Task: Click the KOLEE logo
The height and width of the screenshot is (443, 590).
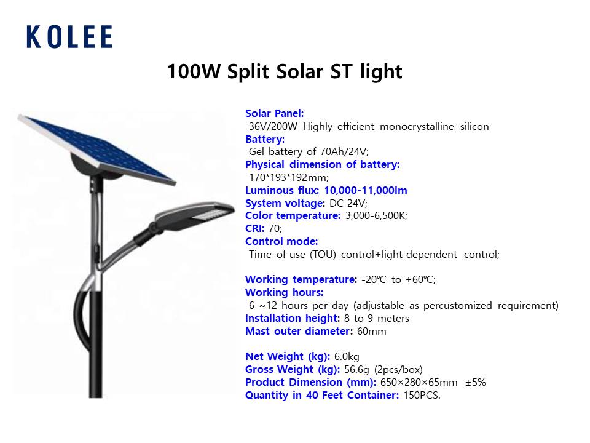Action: (x=69, y=37)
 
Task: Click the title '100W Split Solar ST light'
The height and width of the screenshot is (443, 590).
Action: (x=285, y=71)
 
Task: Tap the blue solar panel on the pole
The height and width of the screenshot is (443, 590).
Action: (x=96, y=150)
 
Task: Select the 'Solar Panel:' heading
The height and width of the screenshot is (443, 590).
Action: (x=274, y=113)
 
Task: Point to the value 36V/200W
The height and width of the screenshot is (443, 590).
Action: (x=273, y=127)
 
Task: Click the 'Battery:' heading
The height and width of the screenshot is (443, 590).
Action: (x=265, y=140)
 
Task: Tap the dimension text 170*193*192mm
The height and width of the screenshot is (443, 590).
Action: (x=289, y=177)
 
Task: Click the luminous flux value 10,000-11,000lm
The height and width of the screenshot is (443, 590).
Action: (x=366, y=190)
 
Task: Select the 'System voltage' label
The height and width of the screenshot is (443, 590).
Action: (x=285, y=204)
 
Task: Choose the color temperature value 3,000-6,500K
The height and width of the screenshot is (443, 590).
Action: (x=376, y=216)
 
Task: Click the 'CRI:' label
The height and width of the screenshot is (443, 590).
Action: (x=254, y=229)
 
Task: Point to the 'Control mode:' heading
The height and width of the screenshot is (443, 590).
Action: (x=281, y=241)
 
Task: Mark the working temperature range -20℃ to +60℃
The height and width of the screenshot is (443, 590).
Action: (x=398, y=279)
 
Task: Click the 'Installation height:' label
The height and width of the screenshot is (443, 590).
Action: (x=293, y=318)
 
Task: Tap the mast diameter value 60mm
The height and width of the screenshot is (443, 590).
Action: (x=371, y=332)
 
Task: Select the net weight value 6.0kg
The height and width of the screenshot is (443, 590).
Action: (x=347, y=357)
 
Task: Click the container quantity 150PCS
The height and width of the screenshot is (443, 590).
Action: (x=422, y=396)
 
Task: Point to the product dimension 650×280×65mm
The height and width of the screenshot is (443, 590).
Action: (x=419, y=383)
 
